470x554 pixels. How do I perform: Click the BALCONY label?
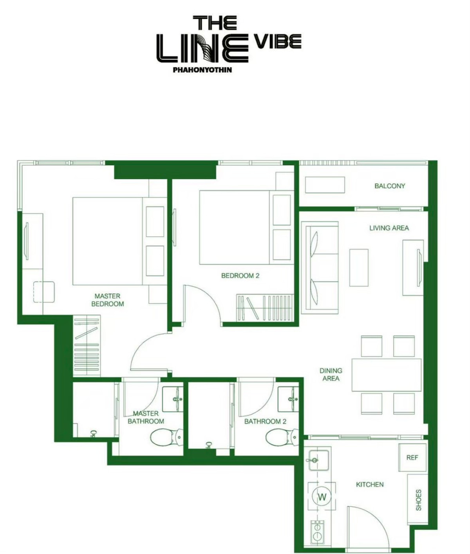(389, 186)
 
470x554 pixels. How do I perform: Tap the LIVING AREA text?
(389, 228)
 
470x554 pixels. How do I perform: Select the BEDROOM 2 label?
(240, 276)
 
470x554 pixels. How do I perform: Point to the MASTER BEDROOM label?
(108, 300)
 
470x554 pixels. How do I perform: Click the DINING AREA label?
(331, 374)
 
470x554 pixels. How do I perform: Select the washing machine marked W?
(322, 497)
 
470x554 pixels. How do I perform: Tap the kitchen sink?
(318, 460)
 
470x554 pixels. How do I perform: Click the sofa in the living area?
(320, 267)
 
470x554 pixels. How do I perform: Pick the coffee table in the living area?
(359, 267)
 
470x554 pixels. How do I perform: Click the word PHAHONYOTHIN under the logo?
(202, 70)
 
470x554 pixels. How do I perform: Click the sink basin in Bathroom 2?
(288, 399)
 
